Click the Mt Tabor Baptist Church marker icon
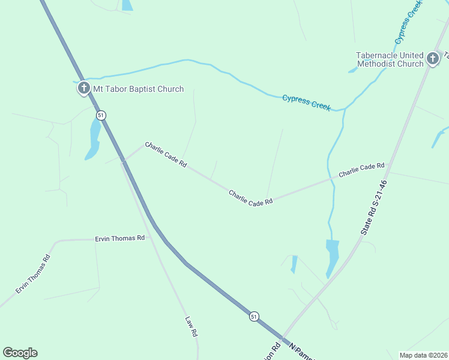click(83, 89)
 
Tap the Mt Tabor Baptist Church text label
click(138, 89)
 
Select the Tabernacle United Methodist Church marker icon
click(433, 59)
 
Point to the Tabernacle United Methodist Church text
click(390, 59)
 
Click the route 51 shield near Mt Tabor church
click(101, 115)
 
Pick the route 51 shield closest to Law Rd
click(255, 316)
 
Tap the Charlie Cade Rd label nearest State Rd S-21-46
click(361, 170)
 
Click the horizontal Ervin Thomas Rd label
click(120, 238)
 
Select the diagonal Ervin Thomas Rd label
click(33, 275)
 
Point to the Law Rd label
click(191, 327)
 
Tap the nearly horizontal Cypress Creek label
click(306, 102)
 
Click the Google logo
click(20, 353)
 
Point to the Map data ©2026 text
click(423, 355)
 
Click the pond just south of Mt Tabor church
click(93, 139)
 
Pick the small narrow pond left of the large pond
click(294, 264)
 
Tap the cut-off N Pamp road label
click(302, 352)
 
